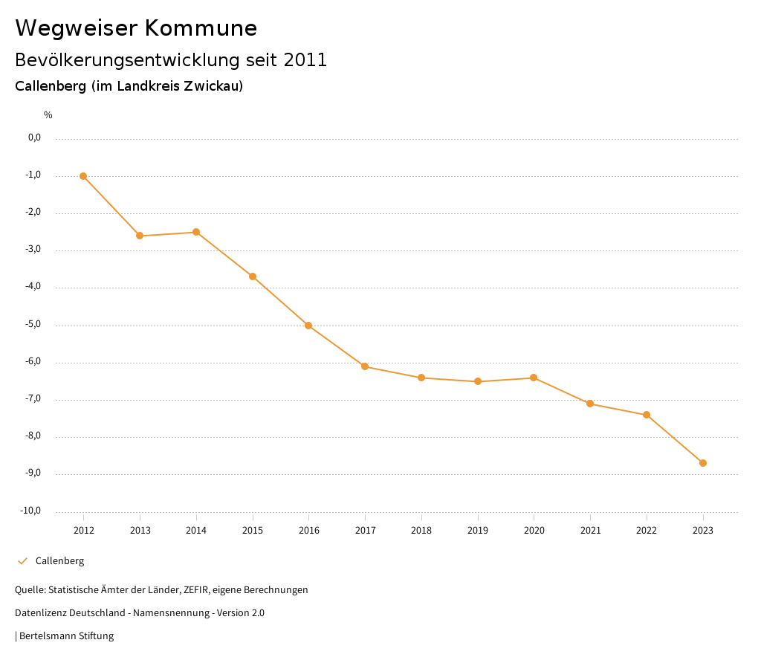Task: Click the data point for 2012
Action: point(83,176)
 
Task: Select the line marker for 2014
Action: point(196,232)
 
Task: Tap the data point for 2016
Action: point(308,326)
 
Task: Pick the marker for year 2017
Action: point(365,366)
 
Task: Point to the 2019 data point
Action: point(478,381)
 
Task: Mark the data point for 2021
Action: point(590,404)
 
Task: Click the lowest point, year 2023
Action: point(703,463)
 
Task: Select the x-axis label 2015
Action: point(253,531)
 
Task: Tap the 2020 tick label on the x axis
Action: point(534,531)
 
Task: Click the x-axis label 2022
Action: point(647,531)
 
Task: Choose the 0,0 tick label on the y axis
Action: point(34,137)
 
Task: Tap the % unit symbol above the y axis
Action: point(48,115)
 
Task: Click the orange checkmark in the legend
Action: point(22,561)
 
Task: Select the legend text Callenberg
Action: point(59,561)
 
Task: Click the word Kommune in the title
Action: point(201,28)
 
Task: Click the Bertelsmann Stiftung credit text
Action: point(66,636)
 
